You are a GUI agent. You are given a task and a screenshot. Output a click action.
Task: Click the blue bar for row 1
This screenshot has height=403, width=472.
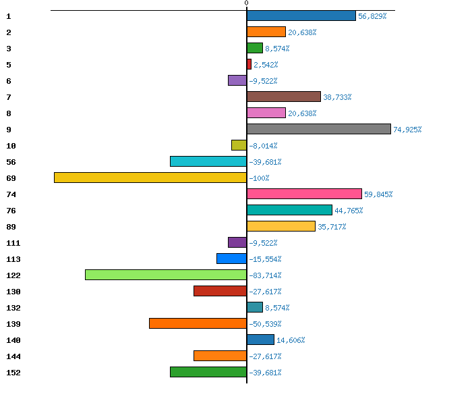(301, 16)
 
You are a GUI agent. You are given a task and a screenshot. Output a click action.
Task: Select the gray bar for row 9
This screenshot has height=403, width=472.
(319, 129)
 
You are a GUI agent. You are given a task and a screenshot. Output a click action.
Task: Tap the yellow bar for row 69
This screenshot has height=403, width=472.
(150, 178)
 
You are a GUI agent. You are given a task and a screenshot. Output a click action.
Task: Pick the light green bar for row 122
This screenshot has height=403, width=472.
(166, 275)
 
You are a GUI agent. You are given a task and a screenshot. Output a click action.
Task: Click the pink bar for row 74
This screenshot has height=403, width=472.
(304, 194)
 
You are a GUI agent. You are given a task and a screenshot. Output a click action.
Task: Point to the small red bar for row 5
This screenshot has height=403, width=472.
(249, 64)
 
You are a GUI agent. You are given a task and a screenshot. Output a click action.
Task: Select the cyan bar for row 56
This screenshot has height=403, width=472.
(208, 161)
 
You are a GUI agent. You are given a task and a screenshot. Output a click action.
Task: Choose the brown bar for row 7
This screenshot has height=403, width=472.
(284, 97)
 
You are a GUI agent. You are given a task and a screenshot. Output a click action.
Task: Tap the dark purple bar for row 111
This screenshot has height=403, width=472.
(237, 242)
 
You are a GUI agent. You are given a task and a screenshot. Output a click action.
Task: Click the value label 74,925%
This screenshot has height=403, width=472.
(407, 130)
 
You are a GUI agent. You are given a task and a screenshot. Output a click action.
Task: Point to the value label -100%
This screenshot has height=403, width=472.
(259, 178)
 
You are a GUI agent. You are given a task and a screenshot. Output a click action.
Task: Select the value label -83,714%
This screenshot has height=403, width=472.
(265, 275)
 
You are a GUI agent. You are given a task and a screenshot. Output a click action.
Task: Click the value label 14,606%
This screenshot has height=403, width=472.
(291, 340)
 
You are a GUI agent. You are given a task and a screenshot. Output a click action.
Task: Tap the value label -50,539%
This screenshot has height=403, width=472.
(265, 324)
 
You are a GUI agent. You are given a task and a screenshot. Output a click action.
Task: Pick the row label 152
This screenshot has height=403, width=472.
(13, 373)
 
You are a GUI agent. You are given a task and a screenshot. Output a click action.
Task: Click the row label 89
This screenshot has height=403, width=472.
(11, 227)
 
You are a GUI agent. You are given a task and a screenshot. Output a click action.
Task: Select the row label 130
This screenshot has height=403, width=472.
(13, 292)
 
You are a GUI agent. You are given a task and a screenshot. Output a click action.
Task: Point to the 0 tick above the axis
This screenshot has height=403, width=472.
(247, 3)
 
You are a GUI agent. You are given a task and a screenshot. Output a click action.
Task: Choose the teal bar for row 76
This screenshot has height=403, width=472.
(289, 210)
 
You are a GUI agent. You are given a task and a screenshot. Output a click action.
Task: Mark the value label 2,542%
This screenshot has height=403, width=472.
(266, 65)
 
